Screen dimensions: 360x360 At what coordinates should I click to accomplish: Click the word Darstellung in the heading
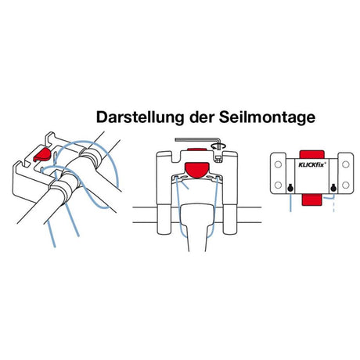click(134, 118)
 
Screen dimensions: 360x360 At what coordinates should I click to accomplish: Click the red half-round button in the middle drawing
click(197, 167)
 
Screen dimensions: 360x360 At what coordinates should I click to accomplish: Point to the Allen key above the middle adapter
click(196, 142)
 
